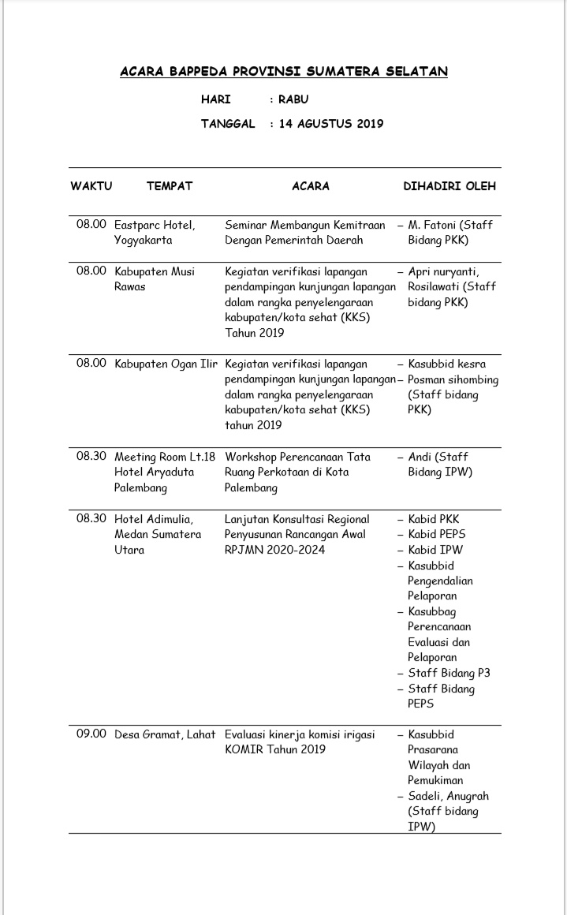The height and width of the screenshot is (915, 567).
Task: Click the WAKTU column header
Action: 91,186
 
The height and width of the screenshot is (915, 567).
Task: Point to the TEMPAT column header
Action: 169,186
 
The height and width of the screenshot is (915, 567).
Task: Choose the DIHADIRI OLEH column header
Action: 449,186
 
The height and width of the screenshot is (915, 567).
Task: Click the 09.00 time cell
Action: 91,734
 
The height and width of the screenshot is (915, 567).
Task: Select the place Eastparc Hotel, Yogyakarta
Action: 155,232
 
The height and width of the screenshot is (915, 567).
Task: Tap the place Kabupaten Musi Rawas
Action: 155,278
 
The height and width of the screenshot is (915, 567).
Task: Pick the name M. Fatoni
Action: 438,225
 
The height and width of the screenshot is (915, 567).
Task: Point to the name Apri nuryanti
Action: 444,271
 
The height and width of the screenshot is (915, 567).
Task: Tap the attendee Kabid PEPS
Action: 437,534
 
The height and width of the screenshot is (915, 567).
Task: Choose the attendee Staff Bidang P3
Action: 449,673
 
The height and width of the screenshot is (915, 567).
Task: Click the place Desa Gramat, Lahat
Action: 165,734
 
